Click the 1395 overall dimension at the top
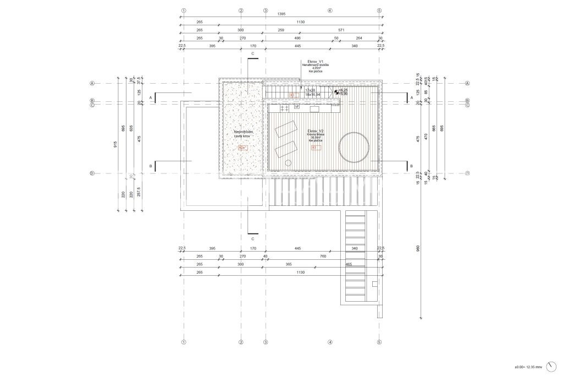point(281,13)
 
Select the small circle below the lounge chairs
point(288,162)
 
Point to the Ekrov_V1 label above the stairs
point(316,61)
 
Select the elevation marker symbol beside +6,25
point(336,92)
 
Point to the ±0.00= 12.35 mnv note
point(528,367)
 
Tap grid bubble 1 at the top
point(184,10)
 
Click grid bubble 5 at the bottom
point(379,342)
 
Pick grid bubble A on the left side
point(92,84)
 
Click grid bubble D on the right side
point(467,173)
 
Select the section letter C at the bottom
point(252,239)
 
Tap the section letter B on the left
point(150,166)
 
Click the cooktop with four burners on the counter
point(285,108)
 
